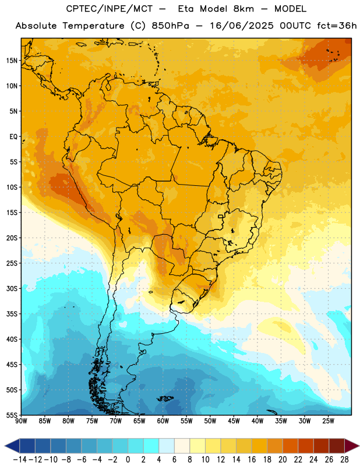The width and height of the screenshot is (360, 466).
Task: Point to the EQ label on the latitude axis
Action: (x=13, y=137)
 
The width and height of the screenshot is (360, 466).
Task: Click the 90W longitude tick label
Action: (x=22, y=421)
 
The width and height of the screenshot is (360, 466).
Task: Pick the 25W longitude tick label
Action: (x=328, y=421)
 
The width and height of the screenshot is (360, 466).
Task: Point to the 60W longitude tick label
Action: (x=163, y=421)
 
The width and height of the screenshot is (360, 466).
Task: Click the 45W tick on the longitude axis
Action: (x=234, y=421)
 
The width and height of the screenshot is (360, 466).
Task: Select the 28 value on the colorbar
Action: (x=344, y=460)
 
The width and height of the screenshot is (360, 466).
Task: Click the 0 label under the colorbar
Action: (x=128, y=460)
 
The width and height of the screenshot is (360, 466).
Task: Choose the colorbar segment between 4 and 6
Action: (x=167, y=446)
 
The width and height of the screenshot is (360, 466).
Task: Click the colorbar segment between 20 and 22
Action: (x=291, y=446)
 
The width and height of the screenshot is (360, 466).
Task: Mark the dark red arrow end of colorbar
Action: (x=352, y=446)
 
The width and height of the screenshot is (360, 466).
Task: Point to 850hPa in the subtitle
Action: (x=170, y=26)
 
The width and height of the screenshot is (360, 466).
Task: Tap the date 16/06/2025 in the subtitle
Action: (x=241, y=26)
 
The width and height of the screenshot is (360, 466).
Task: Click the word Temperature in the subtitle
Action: (x=93, y=26)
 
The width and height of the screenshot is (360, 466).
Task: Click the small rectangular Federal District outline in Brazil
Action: (x=221, y=216)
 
